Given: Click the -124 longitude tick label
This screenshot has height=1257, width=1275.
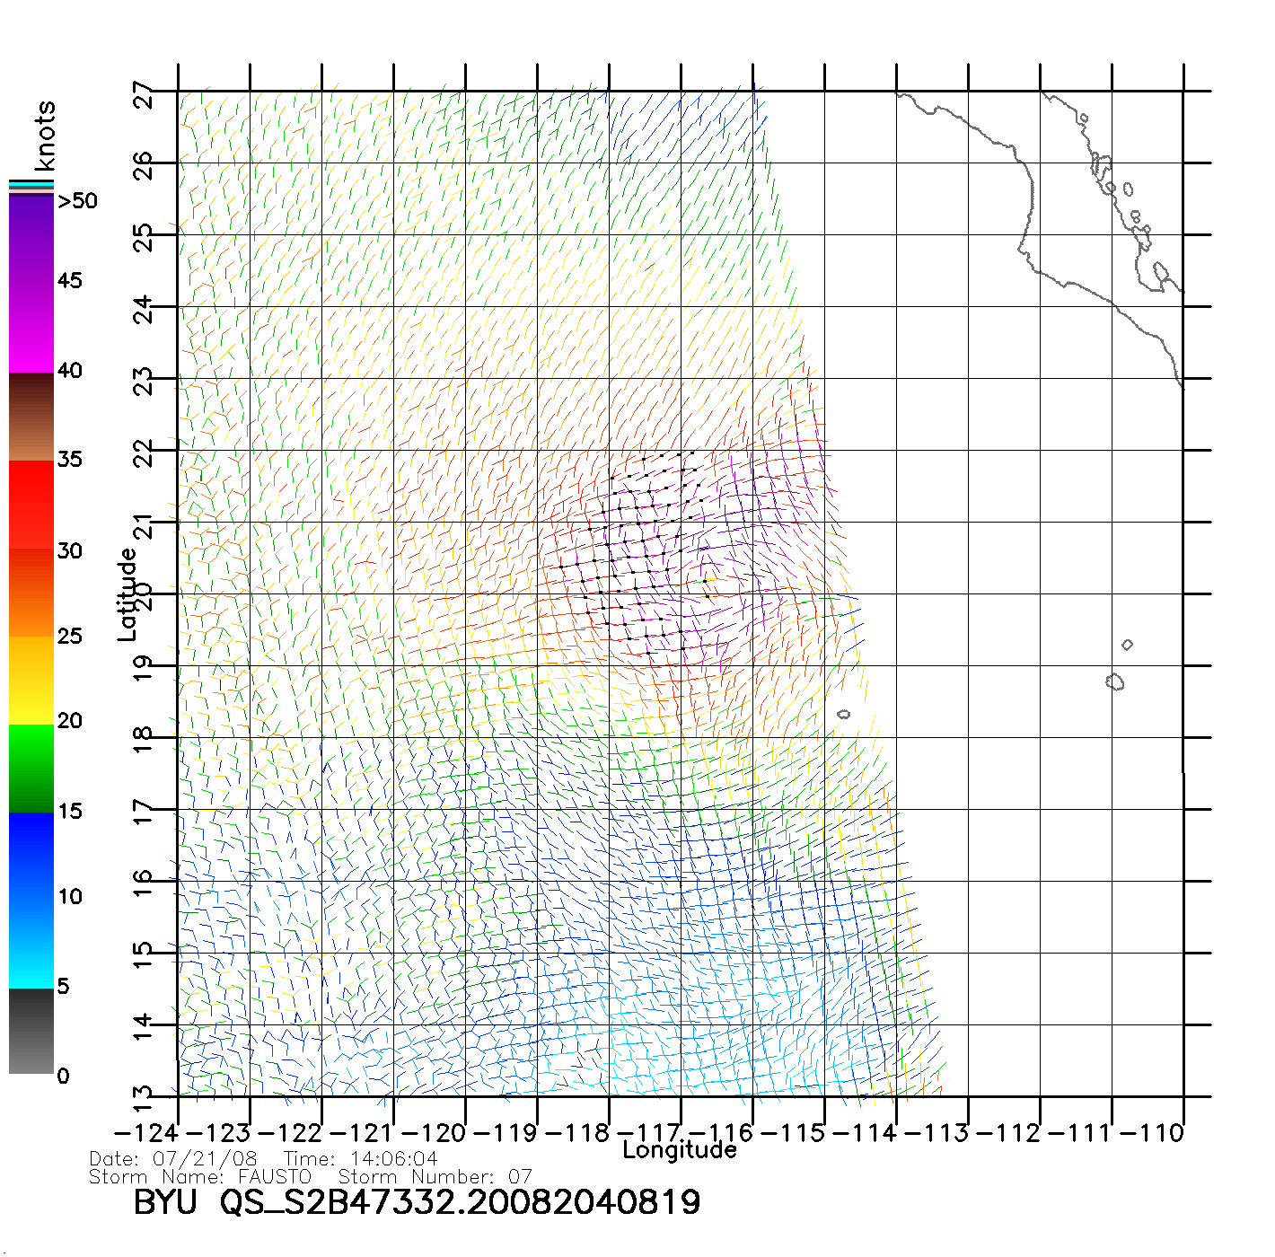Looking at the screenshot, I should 147,1133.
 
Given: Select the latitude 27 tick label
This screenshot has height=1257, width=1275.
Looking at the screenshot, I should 144,94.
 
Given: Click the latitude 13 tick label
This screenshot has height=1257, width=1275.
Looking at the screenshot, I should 144,1095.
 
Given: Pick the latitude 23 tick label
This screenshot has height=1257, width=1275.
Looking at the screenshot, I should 144,382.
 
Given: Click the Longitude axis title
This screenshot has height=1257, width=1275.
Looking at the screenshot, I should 680,1150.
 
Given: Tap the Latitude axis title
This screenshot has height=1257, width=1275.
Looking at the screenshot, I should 127,593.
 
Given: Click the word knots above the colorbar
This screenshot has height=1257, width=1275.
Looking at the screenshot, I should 44,136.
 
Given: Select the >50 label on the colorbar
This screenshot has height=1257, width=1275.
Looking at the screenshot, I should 78,201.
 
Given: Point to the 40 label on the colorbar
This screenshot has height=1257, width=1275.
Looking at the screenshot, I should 70,370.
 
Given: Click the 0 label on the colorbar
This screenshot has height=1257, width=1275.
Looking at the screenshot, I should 63,1076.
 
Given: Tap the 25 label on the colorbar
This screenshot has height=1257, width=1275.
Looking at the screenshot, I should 70,637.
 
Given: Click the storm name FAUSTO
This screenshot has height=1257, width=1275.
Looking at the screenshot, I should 274,1176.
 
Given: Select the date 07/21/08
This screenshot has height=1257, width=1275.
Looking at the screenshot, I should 205,1159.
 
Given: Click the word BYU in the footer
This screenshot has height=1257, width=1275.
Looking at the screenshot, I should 165,1201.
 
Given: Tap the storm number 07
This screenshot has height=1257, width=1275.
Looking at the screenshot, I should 520,1176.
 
